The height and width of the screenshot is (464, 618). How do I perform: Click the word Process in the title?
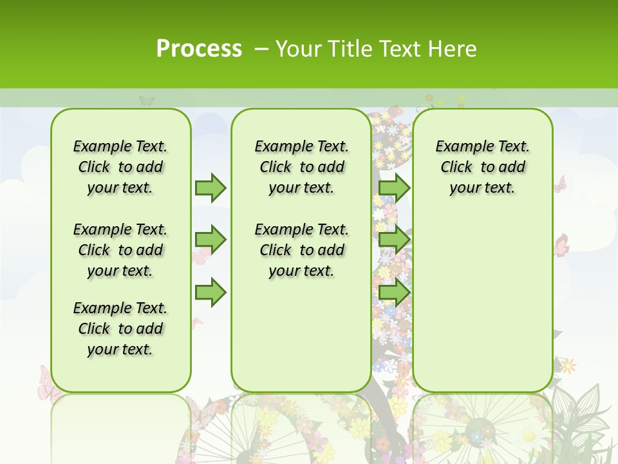[199, 49]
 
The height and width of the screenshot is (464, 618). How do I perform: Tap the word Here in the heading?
[453, 49]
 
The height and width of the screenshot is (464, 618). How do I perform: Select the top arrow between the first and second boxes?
[211, 188]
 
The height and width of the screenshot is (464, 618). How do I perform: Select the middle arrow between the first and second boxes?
[211, 240]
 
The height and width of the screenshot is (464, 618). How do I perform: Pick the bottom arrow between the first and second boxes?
[211, 293]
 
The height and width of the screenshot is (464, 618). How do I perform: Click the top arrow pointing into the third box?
[394, 188]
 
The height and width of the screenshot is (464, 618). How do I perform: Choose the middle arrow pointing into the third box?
[394, 240]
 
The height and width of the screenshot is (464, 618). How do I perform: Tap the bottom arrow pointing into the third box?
[394, 293]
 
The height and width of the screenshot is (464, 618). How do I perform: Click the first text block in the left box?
[120, 167]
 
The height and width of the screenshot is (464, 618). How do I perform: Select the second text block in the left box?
[120, 250]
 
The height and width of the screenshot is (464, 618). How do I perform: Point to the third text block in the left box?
[120, 329]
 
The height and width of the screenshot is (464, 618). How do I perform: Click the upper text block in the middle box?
[301, 167]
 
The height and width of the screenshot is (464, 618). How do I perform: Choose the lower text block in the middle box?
[301, 250]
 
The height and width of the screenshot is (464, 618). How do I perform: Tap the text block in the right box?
[482, 167]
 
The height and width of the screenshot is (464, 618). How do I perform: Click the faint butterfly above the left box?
[147, 100]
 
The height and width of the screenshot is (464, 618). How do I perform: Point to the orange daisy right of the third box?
[568, 366]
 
